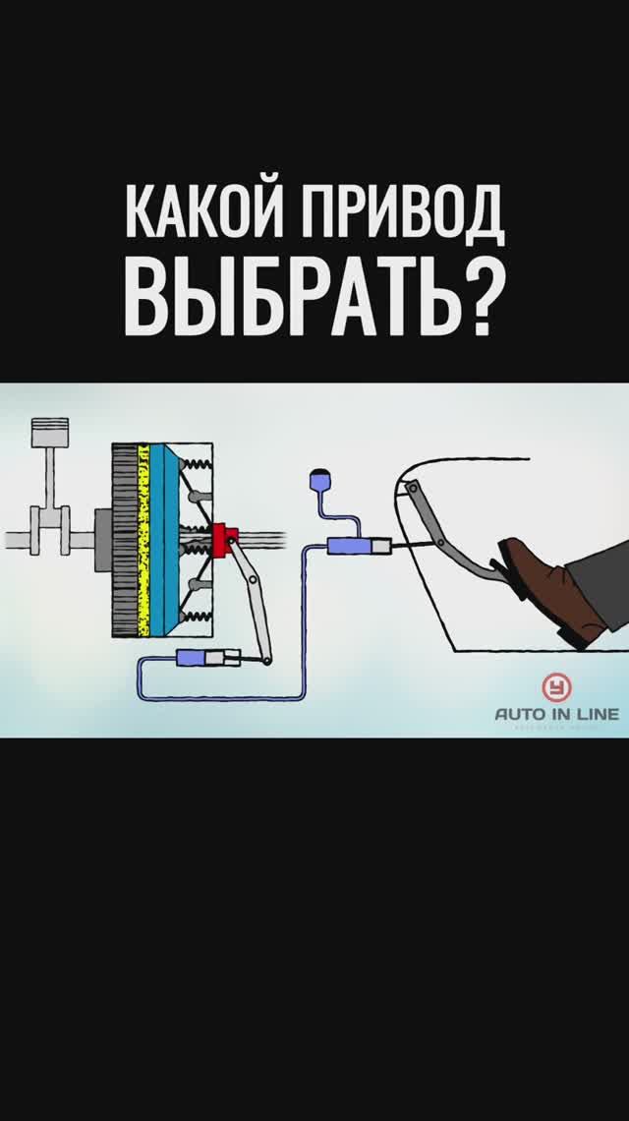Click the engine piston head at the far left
pyautogui.click(x=40, y=433)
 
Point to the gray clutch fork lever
pyautogui.click(x=251, y=600)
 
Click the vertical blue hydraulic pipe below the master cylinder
pyautogui.click(x=309, y=619)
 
